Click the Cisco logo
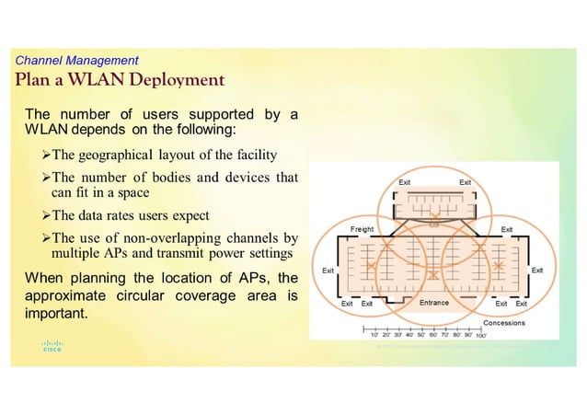(52, 347)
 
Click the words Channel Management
(77, 60)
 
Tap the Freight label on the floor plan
(363, 226)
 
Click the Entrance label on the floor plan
(433, 303)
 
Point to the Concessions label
(504, 323)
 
